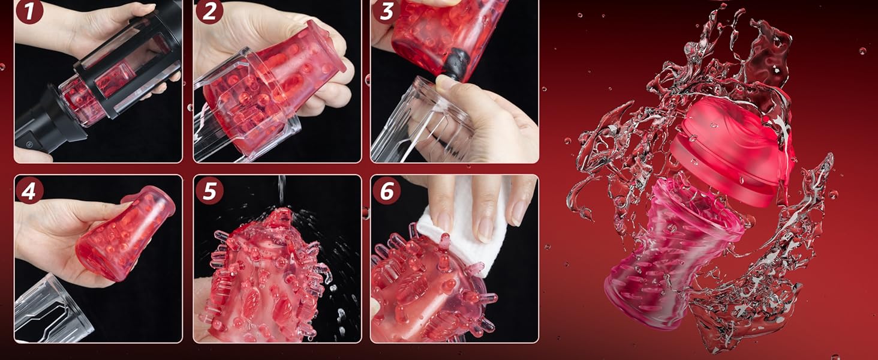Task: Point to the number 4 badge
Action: [x=29, y=190]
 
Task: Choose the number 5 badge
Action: [x=209, y=191]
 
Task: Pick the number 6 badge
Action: [x=386, y=191]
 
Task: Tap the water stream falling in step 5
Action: [x=281, y=191]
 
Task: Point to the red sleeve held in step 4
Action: [x=125, y=233]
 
